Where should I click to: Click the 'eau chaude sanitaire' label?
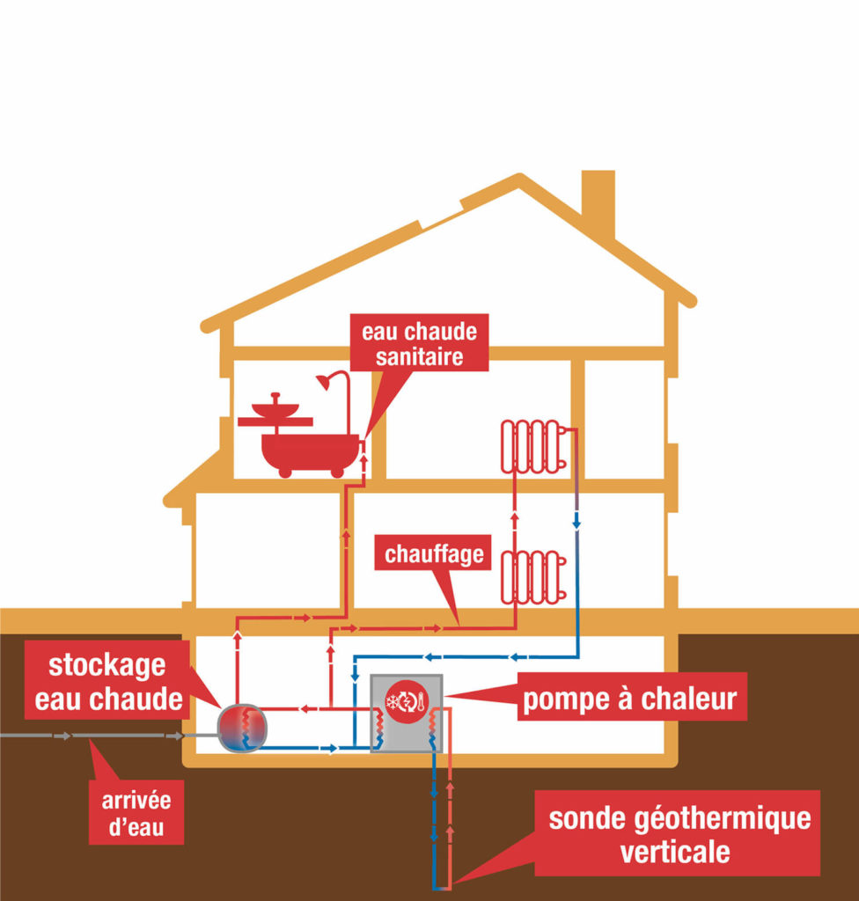(419, 343)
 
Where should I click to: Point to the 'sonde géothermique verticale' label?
(678, 833)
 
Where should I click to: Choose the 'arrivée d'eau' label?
(136, 812)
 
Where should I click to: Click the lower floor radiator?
(533, 577)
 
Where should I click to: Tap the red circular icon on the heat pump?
(407, 701)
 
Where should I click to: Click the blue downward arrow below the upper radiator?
(576, 524)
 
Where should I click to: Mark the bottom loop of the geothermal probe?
(442, 888)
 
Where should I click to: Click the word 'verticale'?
(675, 852)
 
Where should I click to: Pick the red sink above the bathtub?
(275, 410)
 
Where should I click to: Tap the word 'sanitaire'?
(420, 357)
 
